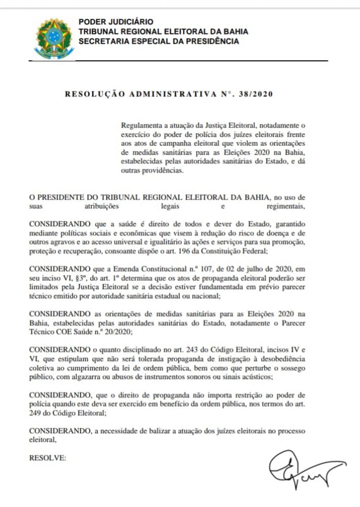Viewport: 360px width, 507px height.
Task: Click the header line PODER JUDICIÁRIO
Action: [x=116, y=22]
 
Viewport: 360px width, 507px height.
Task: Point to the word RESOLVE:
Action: [x=48, y=458]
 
